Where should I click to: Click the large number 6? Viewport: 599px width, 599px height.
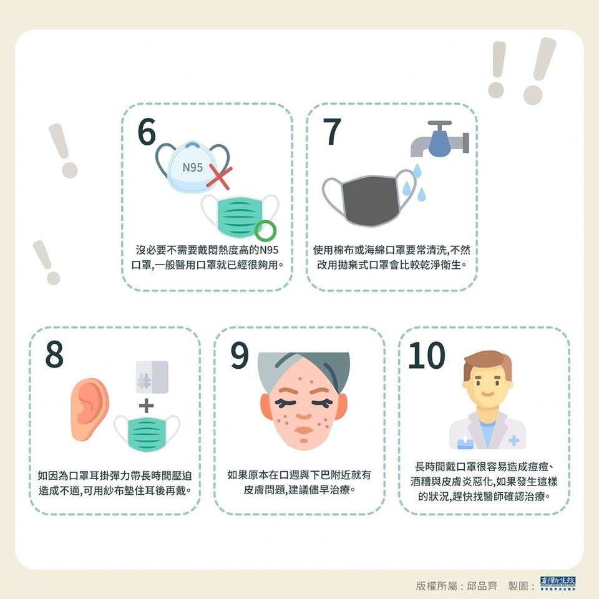pos(147,132)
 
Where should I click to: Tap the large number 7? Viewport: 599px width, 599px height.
pos(331,132)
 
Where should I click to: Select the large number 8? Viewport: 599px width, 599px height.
pos(54,354)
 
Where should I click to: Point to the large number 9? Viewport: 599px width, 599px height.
pos(240,355)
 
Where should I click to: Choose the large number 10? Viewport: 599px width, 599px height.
pos(427,355)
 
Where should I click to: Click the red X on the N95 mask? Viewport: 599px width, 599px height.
pos(219,178)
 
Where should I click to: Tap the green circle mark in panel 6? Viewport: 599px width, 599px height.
pos(265,231)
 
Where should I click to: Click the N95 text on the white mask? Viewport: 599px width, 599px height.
pos(193,167)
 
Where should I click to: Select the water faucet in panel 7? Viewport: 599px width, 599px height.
pos(440,139)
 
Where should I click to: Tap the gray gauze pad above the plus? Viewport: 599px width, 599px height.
pos(152,377)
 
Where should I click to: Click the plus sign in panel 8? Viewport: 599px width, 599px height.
pos(146,406)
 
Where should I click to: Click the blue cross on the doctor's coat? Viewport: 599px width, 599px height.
pos(514,441)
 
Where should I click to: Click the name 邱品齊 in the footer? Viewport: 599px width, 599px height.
pos(482,585)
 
